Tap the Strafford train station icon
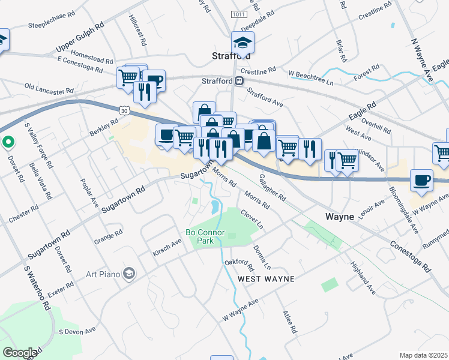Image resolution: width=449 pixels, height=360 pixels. click(239, 80)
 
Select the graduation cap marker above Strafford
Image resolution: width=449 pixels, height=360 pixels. click(243, 43)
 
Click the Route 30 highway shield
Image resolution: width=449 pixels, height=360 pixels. click(124, 110)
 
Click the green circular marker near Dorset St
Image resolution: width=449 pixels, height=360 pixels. click(8, 143)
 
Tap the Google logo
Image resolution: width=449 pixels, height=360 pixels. click(20, 353)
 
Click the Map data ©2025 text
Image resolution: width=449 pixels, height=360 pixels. click(423, 355)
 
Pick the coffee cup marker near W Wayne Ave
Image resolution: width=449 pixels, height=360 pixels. click(421, 181)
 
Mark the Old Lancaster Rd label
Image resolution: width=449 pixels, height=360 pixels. click(47, 89)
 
